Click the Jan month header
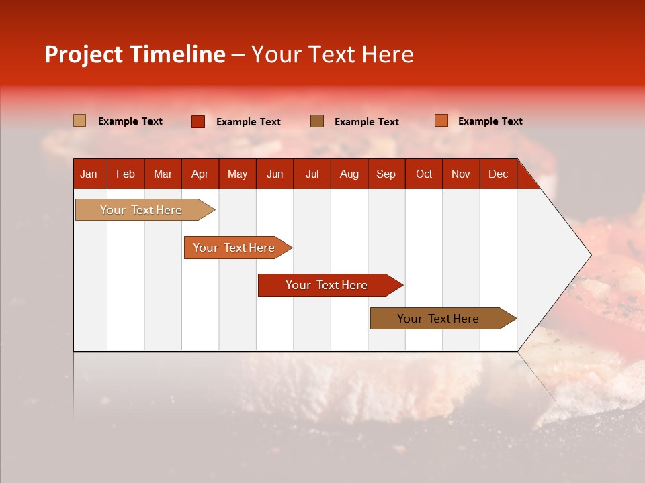pyautogui.click(x=89, y=174)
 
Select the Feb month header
pyautogui.click(x=126, y=174)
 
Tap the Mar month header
pyautogui.click(x=163, y=174)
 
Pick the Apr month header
pyautogui.click(x=200, y=174)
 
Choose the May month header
pyautogui.click(x=237, y=174)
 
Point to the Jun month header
pyautogui.click(x=275, y=174)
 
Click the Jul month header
pyautogui.click(x=312, y=174)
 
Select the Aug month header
pyautogui.click(x=349, y=174)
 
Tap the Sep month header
pyautogui.click(x=386, y=174)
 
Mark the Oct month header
pyautogui.click(x=424, y=174)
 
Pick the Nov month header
pyautogui.click(x=461, y=174)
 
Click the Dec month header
pyautogui.click(x=498, y=174)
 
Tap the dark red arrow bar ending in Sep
pyautogui.click(x=327, y=285)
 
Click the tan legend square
pyautogui.click(x=79, y=121)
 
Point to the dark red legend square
pyautogui.click(x=198, y=121)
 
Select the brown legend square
pyautogui.click(x=317, y=121)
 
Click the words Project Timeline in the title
pyautogui.click(x=135, y=54)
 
